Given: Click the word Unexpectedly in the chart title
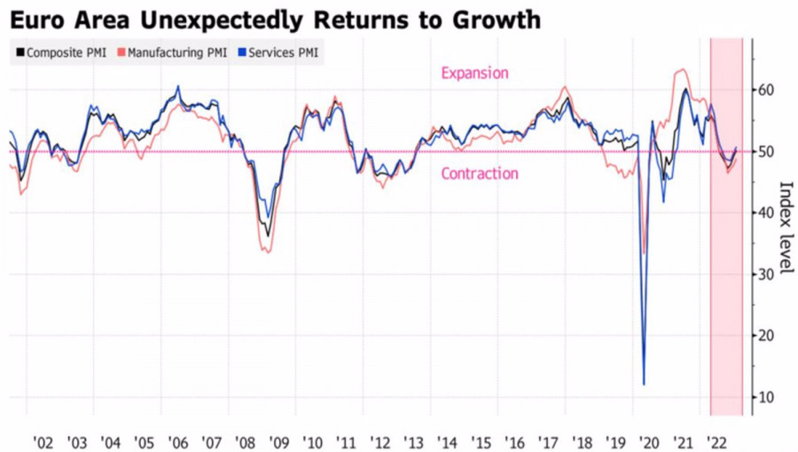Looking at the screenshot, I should coord(207,19).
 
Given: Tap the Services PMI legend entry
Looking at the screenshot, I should coord(278,53).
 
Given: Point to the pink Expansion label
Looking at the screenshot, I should coord(474,74).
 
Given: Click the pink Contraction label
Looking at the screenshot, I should coord(480,174).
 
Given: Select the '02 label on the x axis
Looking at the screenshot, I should coord(43,442).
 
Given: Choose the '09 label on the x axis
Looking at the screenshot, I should coord(278,442).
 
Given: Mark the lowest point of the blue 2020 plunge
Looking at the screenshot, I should coord(644,385).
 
